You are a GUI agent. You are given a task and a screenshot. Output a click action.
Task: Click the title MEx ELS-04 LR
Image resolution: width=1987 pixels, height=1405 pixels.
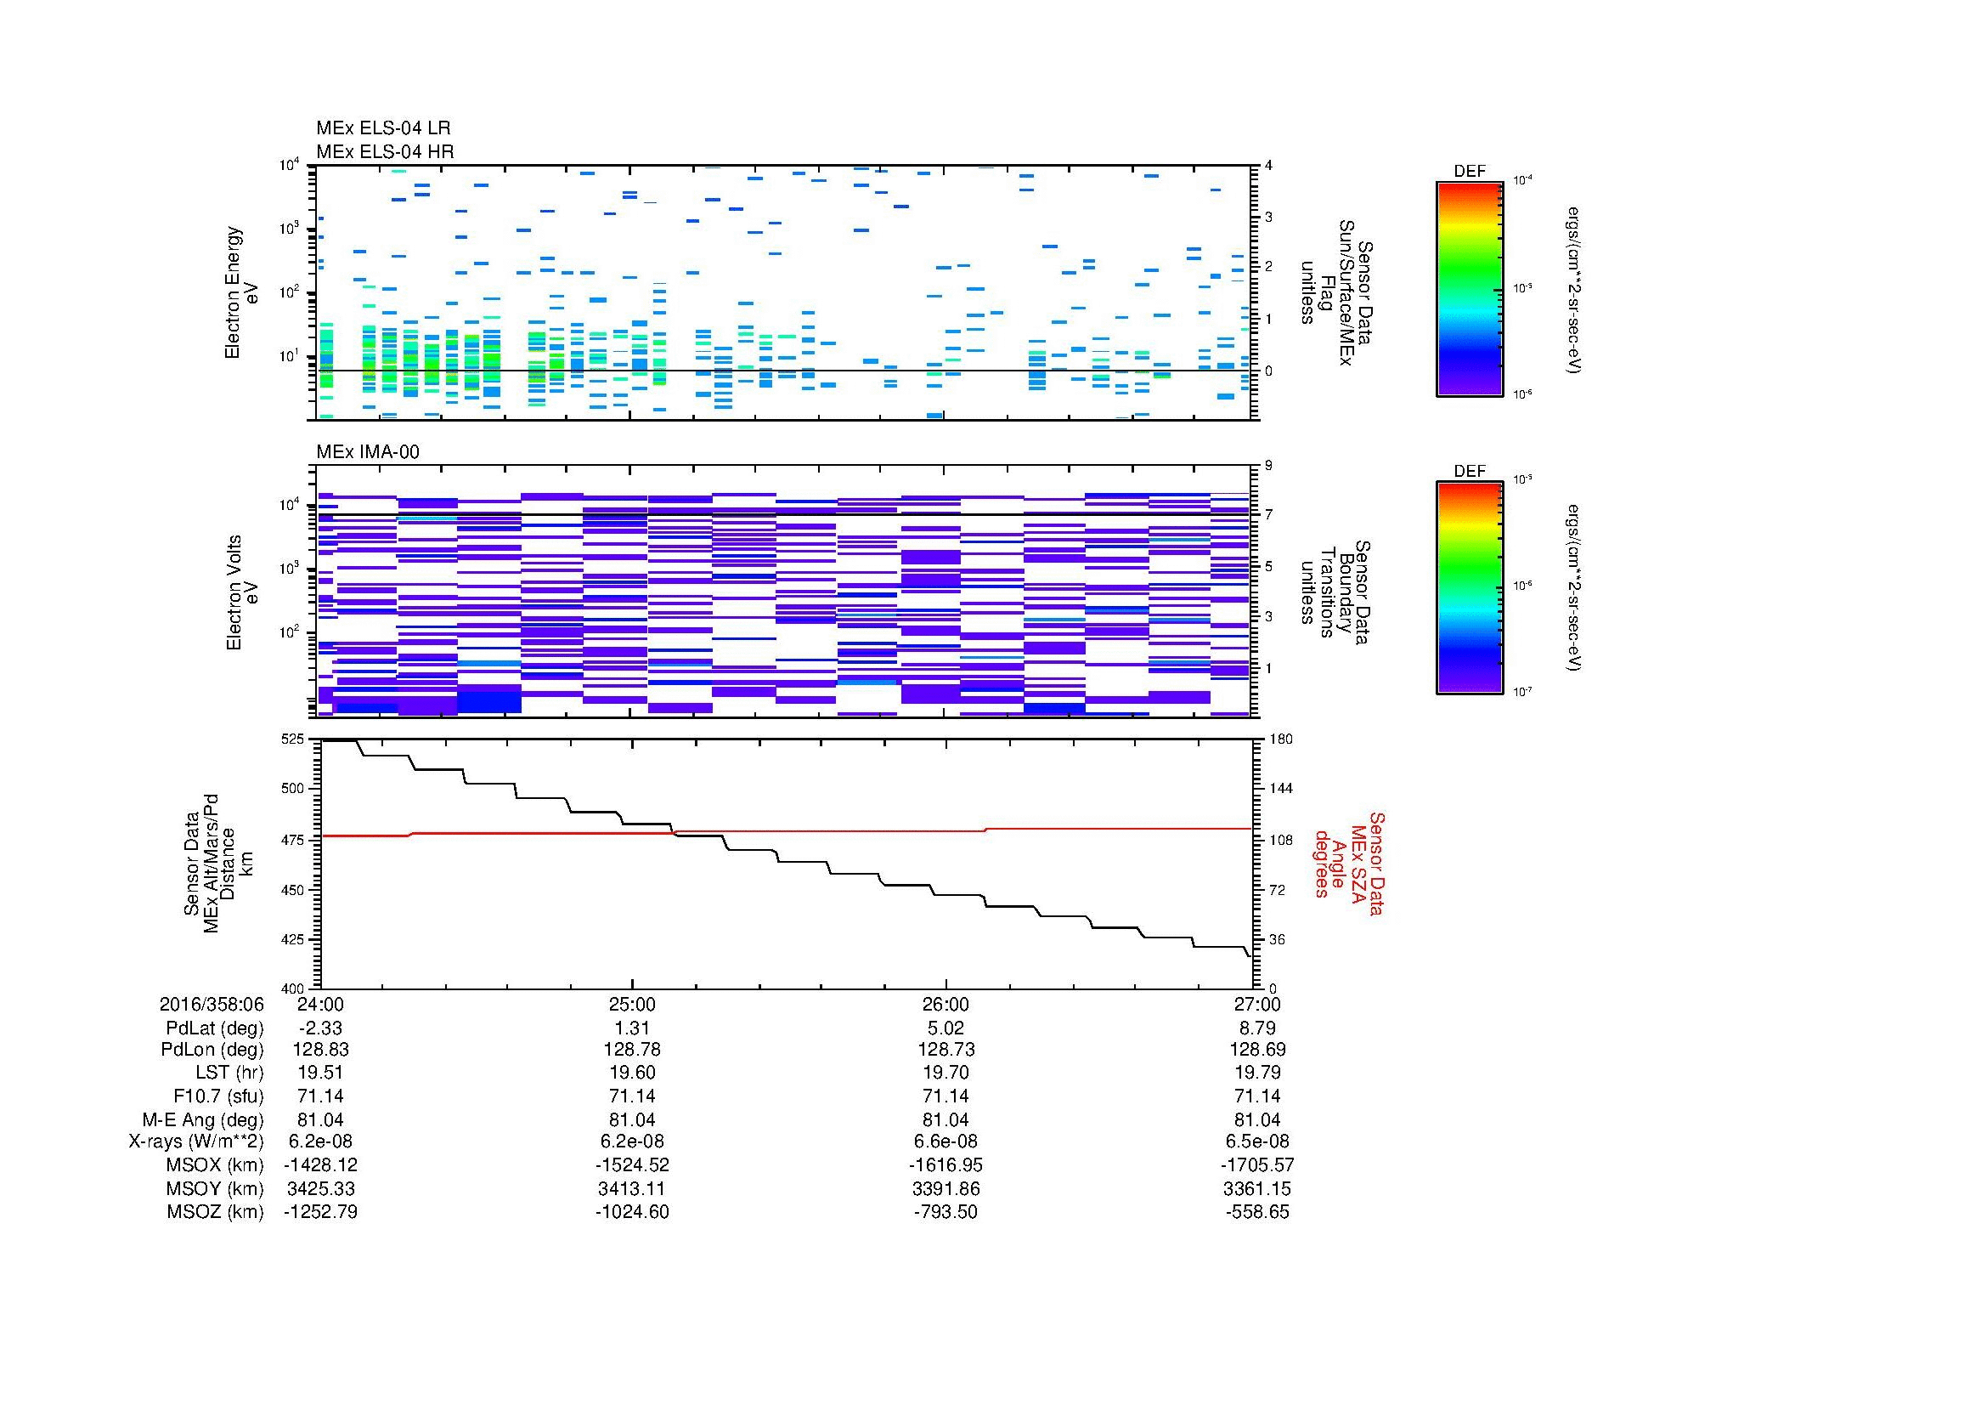(x=383, y=128)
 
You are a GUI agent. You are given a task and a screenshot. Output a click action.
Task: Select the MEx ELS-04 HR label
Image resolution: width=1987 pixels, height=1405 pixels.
(x=385, y=151)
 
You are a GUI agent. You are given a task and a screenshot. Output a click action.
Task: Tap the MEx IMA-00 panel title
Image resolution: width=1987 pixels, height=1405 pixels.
(x=368, y=452)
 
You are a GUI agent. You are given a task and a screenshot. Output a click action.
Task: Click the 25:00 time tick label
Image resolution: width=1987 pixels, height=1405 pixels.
(x=632, y=1004)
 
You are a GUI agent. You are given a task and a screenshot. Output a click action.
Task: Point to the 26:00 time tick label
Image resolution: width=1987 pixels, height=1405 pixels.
(x=946, y=1004)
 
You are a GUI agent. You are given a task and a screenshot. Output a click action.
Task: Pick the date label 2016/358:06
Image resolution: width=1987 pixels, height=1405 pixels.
(x=212, y=1004)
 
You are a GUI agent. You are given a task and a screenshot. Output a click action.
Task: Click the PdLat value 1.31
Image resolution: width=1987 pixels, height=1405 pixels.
(x=632, y=1028)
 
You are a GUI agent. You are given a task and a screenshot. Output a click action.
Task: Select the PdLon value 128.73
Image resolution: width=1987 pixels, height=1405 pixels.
(x=946, y=1049)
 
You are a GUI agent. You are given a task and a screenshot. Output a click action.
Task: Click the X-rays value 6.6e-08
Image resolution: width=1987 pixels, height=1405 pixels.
(x=946, y=1142)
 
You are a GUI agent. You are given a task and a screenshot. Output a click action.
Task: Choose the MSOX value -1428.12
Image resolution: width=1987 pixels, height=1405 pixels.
(x=321, y=1165)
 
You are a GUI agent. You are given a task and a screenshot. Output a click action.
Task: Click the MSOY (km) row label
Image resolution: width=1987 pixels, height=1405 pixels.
(x=216, y=1188)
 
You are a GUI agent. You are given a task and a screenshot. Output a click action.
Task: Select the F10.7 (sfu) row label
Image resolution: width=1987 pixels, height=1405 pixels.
(x=218, y=1096)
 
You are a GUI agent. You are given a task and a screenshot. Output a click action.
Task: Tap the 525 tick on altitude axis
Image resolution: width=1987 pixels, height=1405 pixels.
(x=293, y=739)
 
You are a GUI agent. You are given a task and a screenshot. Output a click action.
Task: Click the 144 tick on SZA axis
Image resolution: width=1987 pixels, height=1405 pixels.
(x=1280, y=789)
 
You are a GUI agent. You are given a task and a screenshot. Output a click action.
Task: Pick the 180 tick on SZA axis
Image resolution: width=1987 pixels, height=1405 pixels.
(x=1280, y=739)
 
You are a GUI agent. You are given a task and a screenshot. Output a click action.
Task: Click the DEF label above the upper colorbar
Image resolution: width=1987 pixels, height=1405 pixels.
(x=1470, y=172)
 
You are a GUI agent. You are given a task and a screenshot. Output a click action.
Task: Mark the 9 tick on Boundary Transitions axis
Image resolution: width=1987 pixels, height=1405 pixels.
(x=1268, y=466)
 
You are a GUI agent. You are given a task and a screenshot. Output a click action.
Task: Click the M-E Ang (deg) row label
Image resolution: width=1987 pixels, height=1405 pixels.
(x=203, y=1119)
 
